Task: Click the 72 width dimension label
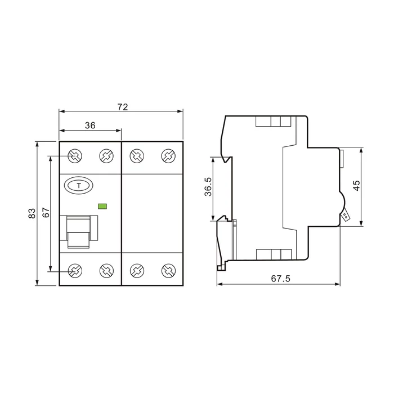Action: (123, 107)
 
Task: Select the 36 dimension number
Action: (90, 125)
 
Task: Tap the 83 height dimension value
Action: (32, 213)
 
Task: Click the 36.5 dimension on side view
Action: (208, 187)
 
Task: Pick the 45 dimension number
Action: (356, 186)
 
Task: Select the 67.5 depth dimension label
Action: (280, 279)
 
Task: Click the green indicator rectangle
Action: (102, 207)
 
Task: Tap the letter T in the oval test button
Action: (79, 186)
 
